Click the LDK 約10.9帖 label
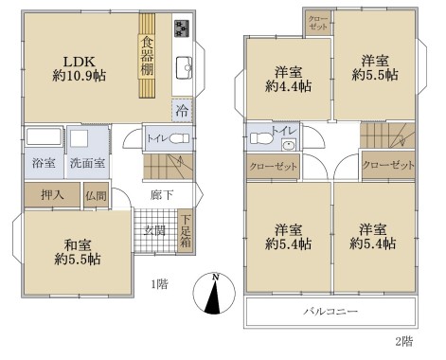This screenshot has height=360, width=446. pyautogui.click(x=79, y=68)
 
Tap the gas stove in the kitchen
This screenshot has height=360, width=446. pyautogui.click(x=182, y=27)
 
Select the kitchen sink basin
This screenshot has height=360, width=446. pyautogui.click(x=184, y=67)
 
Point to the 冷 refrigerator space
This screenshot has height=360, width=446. pyautogui.click(x=182, y=111)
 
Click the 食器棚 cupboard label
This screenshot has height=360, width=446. pyautogui.click(x=147, y=56)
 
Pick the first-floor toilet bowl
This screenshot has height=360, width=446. pyautogui.click(x=179, y=138)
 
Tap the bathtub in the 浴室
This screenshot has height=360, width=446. pyautogui.click(x=44, y=136)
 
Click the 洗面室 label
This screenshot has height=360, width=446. pyautogui.click(x=87, y=163)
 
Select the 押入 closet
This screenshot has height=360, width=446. pyautogui.click(x=52, y=195)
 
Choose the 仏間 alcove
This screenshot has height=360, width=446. pyautogui.click(x=97, y=195)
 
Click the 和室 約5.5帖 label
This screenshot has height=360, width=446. pyautogui.click(x=78, y=252)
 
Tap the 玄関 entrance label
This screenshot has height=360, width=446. pyautogui.click(x=154, y=230)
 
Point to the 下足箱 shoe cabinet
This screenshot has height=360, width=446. pyautogui.click(x=186, y=231)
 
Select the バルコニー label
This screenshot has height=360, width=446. pyautogui.click(x=330, y=312)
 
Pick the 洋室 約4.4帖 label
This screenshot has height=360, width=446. pyautogui.click(x=289, y=79)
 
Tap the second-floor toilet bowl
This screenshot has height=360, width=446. pyautogui.click(x=261, y=138)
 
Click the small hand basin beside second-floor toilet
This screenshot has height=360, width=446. pyautogui.click(x=289, y=144)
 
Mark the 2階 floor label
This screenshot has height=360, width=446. pyautogui.click(x=403, y=341)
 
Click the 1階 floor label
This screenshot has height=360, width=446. pyautogui.click(x=159, y=284)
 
